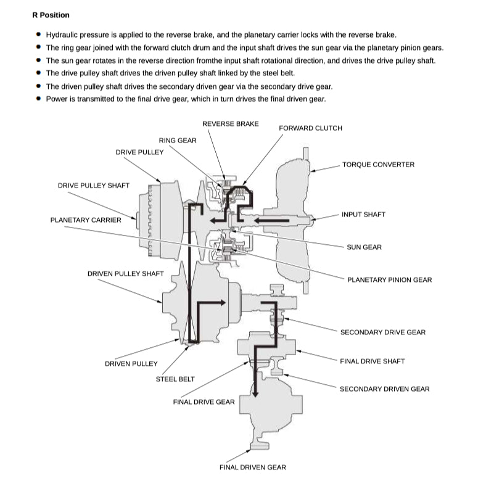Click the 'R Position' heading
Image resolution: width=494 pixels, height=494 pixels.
[51, 15]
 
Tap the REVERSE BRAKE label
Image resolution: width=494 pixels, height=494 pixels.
[230, 124]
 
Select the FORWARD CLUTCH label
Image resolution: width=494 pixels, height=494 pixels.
[310, 128]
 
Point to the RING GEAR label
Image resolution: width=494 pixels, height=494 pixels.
[178, 141]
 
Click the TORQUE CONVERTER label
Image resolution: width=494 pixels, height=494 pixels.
[378, 165]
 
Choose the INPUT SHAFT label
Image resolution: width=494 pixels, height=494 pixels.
[363, 215]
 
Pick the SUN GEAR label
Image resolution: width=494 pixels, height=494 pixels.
[364, 247]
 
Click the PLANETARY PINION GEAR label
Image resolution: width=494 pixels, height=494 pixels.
[389, 280]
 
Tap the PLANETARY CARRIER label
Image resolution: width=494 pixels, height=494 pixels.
[86, 220]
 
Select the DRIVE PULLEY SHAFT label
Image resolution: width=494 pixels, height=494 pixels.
[94, 186]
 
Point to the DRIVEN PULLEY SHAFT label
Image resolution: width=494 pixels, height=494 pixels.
[126, 274]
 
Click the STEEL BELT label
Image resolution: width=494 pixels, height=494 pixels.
[175, 379]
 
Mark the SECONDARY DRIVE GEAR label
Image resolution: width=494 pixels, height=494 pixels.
[382, 332]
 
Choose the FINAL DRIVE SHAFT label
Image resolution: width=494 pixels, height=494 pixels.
[372, 361]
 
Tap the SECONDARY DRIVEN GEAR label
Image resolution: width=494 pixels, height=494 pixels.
[384, 389]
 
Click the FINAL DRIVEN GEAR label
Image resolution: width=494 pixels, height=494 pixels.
[253, 467]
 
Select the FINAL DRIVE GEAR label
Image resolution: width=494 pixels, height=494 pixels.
[204, 402]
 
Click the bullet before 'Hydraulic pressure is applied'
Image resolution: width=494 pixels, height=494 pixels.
[39, 35]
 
